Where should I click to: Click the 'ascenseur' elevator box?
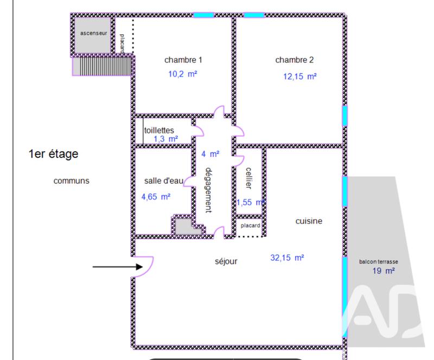(x=93, y=34)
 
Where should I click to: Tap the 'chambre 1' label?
(x=183, y=60)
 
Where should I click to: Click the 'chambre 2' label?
(x=295, y=60)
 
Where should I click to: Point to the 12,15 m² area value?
(x=299, y=76)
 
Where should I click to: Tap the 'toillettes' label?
(x=159, y=130)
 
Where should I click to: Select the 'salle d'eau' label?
(x=164, y=181)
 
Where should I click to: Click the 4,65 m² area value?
(x=156, y=197)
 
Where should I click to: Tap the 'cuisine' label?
(x=309, y=221)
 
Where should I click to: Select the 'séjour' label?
(x=226, y=261)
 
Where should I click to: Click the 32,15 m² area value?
(x=287, y=258)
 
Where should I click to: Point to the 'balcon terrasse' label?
(x=379, y=261)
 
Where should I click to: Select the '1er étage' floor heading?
(x=53, y=155)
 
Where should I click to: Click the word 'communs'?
(x=71, y=181)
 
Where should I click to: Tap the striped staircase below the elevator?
(x=103, y=66)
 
